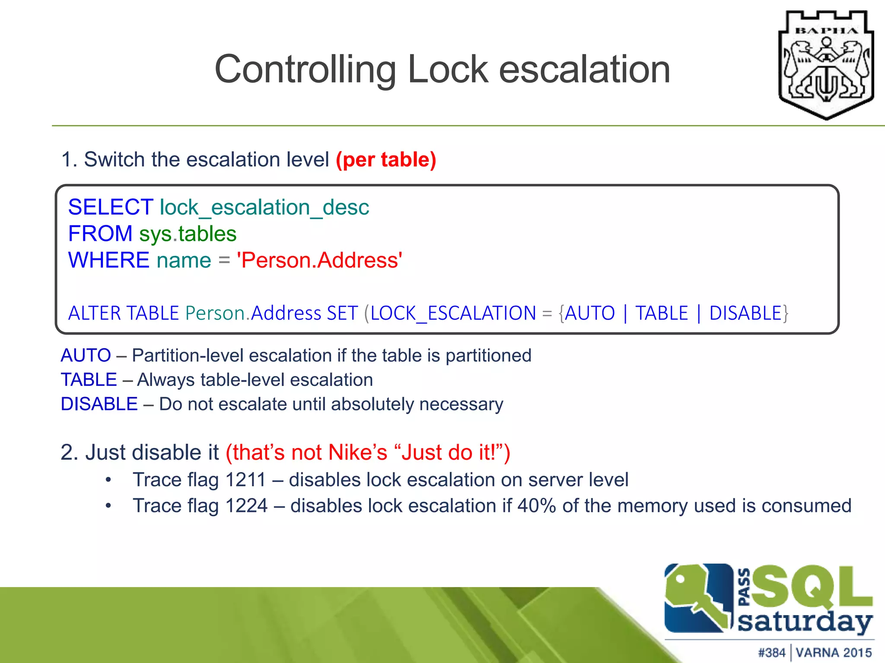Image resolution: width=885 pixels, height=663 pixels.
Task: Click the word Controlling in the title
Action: [305, 69]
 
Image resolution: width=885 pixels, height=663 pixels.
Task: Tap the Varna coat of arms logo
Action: [826, 65]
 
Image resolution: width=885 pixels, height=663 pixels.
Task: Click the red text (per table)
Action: [386, 160]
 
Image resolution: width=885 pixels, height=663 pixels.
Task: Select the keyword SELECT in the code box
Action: [111, 207]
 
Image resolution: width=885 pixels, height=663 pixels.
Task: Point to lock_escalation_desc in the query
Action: [264, 208]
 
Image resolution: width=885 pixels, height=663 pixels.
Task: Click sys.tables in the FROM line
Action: [188, 234]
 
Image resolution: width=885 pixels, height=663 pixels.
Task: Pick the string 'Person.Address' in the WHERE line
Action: [319, 260]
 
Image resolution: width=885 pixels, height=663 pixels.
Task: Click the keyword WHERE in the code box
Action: [109, 260]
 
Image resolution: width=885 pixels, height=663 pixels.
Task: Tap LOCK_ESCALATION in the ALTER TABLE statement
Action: [453, 313]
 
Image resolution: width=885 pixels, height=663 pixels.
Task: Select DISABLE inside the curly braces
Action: [745, 313]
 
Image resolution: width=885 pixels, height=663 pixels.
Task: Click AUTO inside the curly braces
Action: [590, 313]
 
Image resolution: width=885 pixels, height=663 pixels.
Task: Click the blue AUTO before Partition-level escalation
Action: [86, 356]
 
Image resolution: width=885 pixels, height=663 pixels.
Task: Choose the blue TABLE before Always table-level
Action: [89, 380]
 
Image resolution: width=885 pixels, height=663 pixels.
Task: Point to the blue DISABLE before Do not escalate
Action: [99, 404]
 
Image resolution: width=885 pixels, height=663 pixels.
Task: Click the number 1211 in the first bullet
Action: [245, 480]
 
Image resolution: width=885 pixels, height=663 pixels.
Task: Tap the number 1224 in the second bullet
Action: [246, 506]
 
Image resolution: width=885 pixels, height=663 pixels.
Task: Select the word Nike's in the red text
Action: [358, 453]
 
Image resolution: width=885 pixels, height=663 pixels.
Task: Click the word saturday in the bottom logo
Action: [804, 622]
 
